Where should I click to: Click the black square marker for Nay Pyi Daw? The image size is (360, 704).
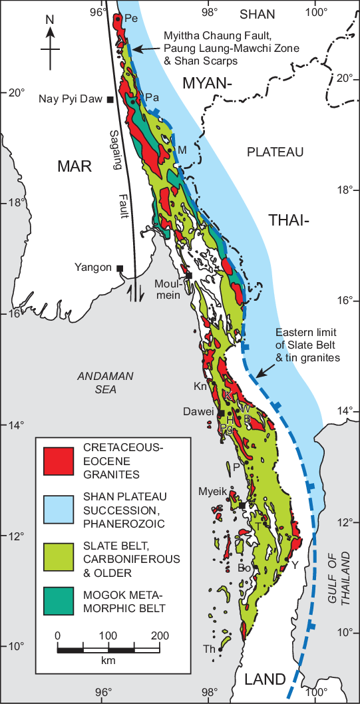(x=110, y=100)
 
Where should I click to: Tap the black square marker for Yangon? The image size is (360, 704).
(x=120, y=268)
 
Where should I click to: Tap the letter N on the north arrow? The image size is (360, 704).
(x=49, y=19)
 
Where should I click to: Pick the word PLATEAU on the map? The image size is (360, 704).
(x=275, y=152)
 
